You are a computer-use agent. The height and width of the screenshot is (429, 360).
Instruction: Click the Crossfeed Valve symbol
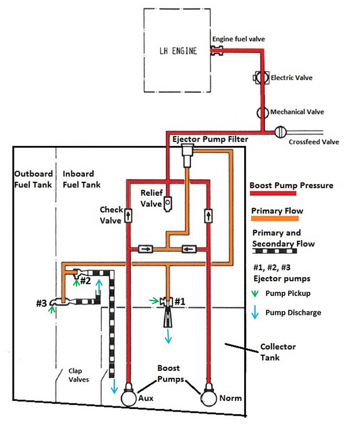(x=280, y=132)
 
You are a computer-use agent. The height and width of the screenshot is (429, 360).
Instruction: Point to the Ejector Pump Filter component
(x=188, y=154)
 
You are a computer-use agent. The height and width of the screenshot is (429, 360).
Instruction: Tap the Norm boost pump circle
(x=209, y=397)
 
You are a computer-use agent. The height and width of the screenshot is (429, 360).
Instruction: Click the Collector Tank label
(x=278, y=352)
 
